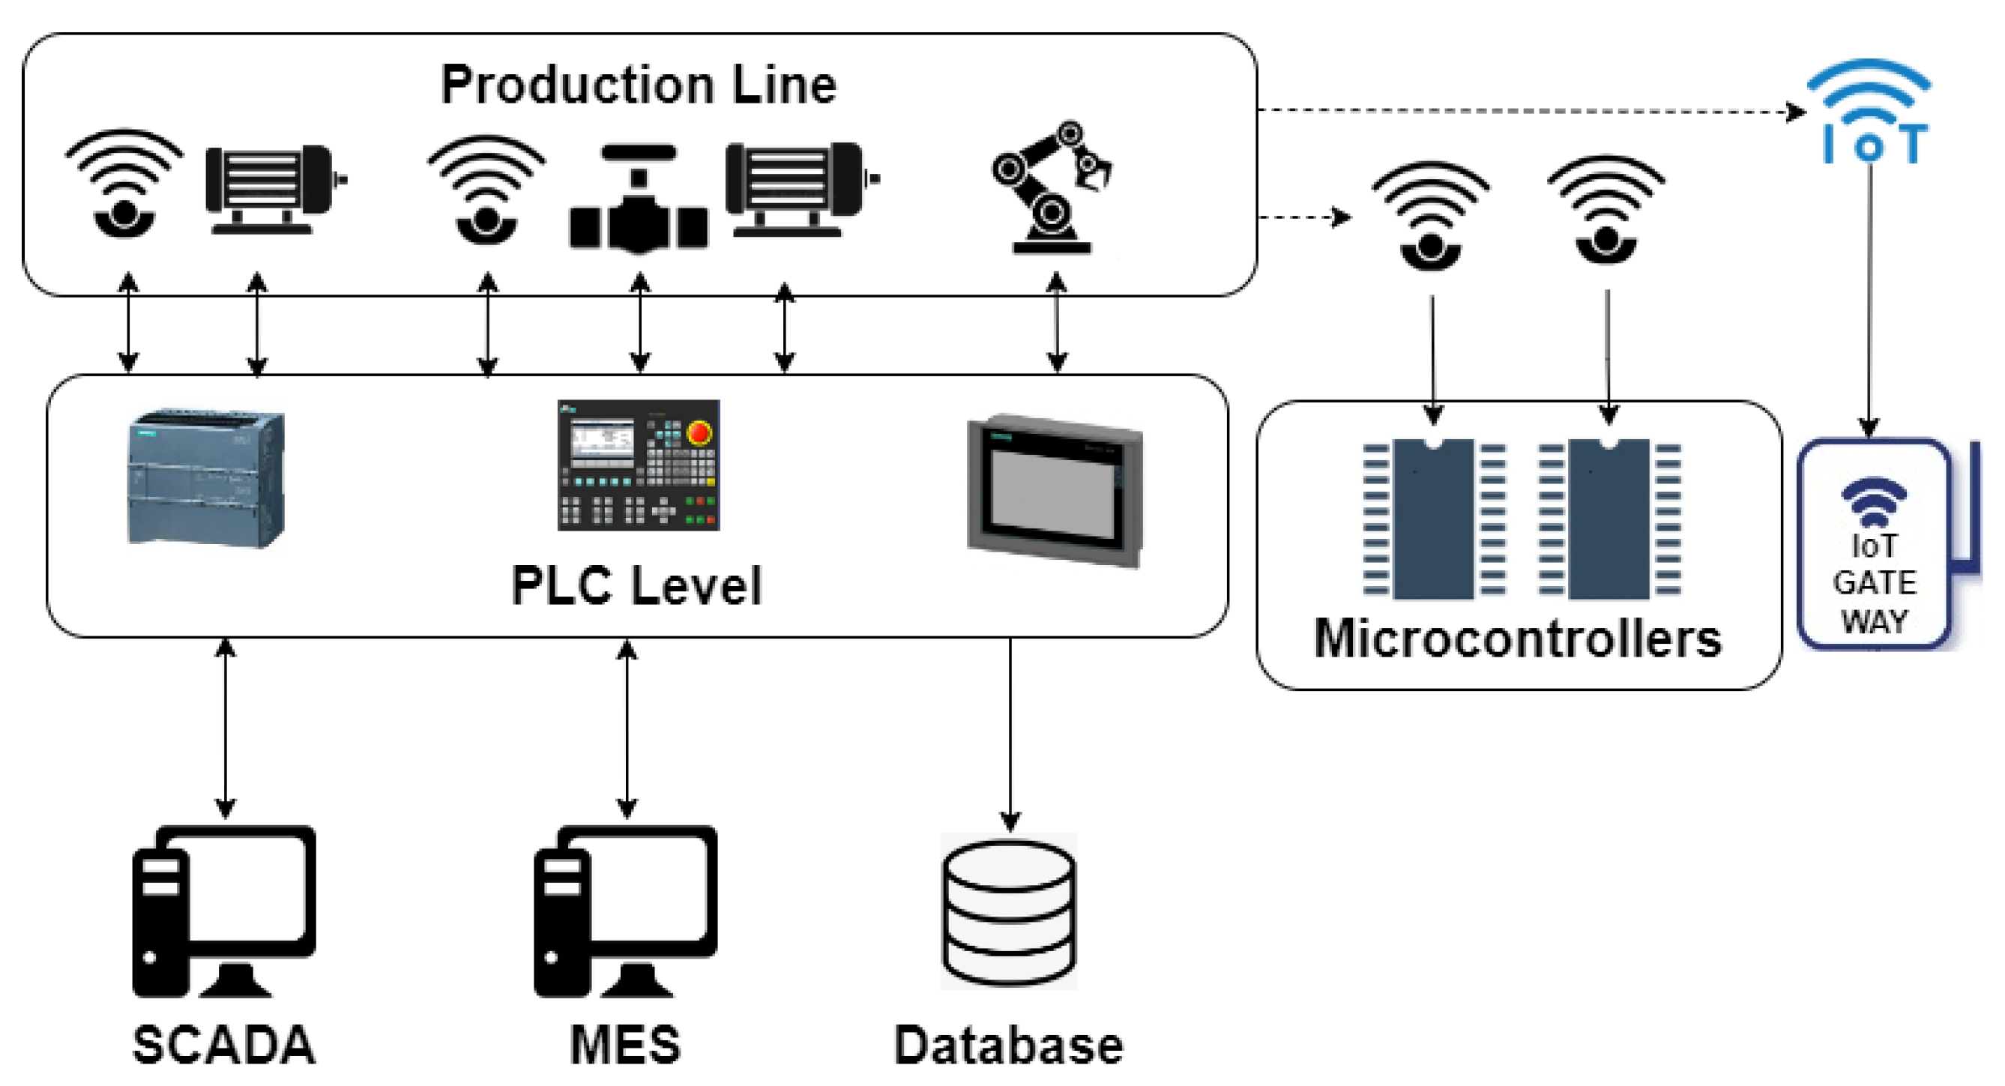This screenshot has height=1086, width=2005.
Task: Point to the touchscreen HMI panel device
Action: pyautogui.click(x=1055, y=490)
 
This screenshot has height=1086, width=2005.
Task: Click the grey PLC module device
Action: pyautogui.click(x=206, y=477)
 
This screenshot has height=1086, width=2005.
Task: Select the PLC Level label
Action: pyautogui.click(x=636, y=585)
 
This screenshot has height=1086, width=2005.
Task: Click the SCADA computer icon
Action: pyautogui.click(x=223, y=911)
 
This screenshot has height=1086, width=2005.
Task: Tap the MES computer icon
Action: pyautogui.click(x=625, y=911)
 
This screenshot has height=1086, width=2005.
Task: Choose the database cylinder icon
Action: pyautogui.click(x=1009, y=912)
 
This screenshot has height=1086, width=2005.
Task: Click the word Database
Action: pyautogui.click(x=1009, y=1045)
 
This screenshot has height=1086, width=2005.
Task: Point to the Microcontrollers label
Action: pyautogui.click(x=1518, y=639)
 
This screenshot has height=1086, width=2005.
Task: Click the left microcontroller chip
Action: pyautogui.click(x=1434, y=519)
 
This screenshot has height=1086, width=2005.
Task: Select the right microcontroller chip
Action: pyautogui.click(x=1608, y=519)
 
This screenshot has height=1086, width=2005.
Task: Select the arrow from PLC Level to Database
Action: pyautogui.click(x=1010, y=731)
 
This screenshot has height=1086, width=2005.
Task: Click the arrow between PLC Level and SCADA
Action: pyautogui.click(x=225, y=728)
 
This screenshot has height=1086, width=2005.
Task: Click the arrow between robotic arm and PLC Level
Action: pyautogui.click(x=1056, y=322)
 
